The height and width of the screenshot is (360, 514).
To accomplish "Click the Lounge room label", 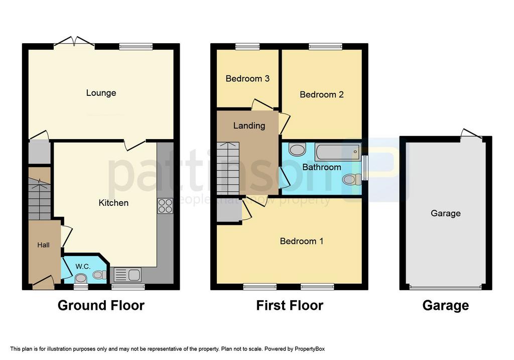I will click(101, 93).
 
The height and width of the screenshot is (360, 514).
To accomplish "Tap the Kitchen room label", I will click(113, 203).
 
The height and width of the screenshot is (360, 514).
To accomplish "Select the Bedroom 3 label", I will click(247, 78).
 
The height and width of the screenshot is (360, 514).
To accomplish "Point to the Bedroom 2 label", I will click(322, 94).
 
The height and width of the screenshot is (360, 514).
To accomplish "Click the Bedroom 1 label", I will click(302, 241).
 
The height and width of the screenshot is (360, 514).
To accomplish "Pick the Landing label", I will click(249, 126).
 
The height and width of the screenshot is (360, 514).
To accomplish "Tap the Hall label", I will click(43, 245).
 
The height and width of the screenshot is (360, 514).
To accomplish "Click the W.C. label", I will click(83, 266).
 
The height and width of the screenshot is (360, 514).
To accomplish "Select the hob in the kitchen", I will click(165, 206).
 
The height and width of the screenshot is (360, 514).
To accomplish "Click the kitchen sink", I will click(127, 275).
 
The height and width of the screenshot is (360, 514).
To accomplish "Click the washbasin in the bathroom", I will click(298, 150).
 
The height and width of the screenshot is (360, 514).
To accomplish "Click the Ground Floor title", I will click(101, 305).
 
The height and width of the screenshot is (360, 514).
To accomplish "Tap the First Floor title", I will click(290, 305).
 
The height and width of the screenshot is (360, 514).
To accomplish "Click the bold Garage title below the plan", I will click(445, 305).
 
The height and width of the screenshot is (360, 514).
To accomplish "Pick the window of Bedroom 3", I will click(247, 47).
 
